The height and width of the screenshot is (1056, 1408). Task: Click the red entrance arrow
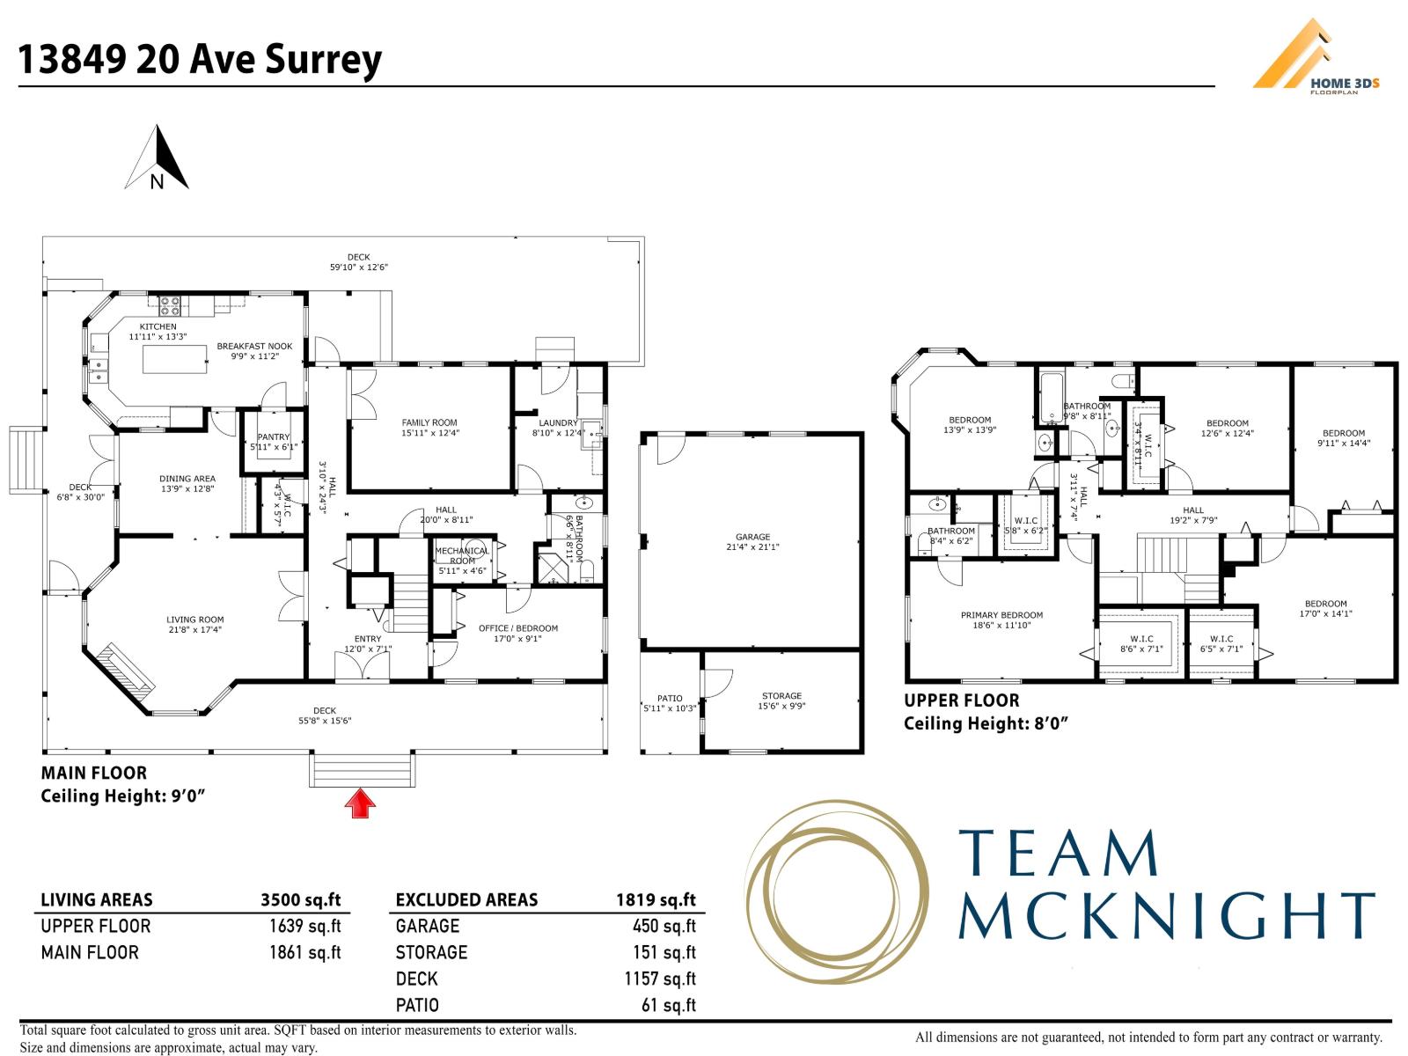(360, 803)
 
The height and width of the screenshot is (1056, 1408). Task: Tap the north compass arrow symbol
(158, 158)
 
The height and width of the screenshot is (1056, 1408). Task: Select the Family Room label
(429, 428)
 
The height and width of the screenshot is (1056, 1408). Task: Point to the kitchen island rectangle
(174, 359)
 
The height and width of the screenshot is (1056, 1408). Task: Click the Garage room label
(752, 542)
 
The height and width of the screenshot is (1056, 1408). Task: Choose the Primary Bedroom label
(1001, 620)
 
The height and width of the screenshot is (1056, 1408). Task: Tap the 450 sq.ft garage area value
(664, 926)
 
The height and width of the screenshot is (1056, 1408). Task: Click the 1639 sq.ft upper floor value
(304, 926)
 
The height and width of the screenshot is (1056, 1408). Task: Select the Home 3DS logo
(1316, 56)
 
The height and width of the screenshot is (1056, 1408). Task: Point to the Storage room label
(781, 700)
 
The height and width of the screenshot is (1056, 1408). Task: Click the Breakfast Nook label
(254, 351)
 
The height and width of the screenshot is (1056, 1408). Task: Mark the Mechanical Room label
(462, 561)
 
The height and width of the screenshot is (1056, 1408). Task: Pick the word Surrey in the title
(323, 61)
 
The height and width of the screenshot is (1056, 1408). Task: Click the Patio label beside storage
(670, 703)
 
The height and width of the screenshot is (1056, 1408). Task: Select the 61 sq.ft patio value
(669, 1005)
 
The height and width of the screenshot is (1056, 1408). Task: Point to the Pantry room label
(274, 442)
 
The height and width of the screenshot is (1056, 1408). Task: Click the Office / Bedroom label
(518, 633)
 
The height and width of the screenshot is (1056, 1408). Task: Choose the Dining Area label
(187, 483)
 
